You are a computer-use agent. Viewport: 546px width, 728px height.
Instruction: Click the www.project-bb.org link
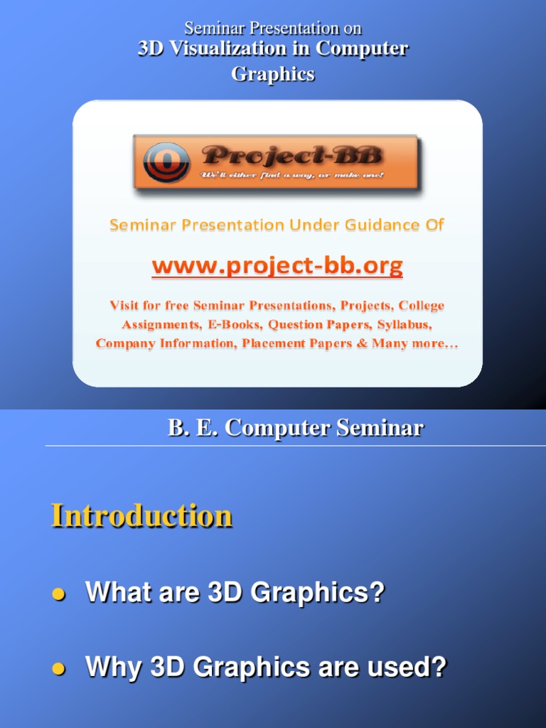click(x=277, y=266)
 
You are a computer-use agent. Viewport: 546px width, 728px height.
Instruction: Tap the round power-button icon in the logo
click(x=166, y=162)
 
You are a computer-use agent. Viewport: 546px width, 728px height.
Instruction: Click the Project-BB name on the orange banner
click(x=292, y=155)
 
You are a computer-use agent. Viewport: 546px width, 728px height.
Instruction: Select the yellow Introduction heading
click(x=141, y=516)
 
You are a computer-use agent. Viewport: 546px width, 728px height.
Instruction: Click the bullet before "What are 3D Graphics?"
click(x=58, y=594)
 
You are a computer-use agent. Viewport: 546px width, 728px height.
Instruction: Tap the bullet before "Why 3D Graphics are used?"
click(x=58, y=668)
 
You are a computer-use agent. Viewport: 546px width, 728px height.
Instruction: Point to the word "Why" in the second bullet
click(x=113, y=667)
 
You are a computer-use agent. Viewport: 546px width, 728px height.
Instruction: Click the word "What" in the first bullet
click(x=119, y=592)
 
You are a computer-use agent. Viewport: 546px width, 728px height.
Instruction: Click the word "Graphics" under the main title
click(x=273, y=74)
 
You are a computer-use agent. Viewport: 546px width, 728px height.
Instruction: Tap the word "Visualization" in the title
click(x=227, y=48)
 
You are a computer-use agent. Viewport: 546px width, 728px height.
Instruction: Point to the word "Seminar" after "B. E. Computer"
click(x=380, y=427)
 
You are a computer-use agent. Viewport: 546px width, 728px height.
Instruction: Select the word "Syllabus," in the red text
click(x=405, y=324)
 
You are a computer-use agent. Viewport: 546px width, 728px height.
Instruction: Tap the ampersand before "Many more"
click(x=362, y=343)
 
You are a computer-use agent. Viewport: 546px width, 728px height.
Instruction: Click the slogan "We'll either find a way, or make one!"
click(x=292, y=175)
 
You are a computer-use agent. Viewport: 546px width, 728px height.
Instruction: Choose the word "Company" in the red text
click(x=125, y=343)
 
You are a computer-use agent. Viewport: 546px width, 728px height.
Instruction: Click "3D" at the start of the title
click(x=151, y=48)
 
